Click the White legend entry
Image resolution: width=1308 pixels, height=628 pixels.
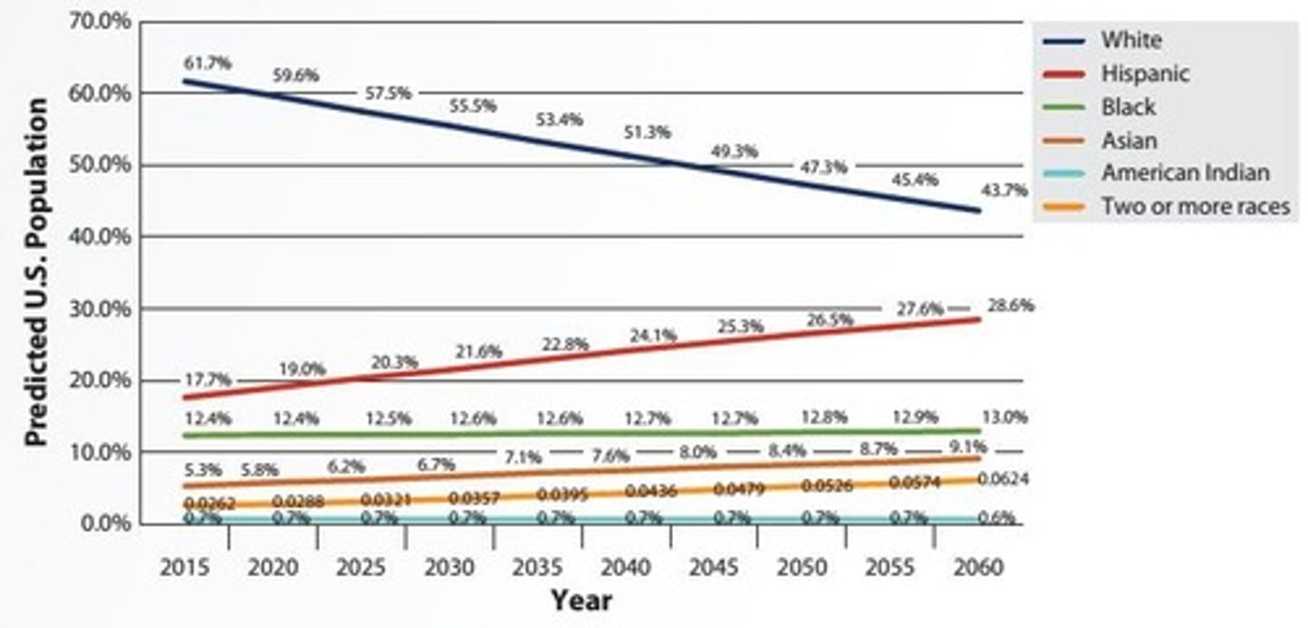tap(1131, 40)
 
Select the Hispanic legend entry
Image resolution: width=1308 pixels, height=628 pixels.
tap(1144, 74)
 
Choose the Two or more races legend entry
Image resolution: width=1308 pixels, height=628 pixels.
tap(1195, 206)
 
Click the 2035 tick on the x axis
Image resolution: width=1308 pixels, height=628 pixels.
tap(538, 568)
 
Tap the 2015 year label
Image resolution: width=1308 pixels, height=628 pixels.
tap(184, 568)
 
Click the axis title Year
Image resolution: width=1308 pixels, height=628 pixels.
tap(580, 601)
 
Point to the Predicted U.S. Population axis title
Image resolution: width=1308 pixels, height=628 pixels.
tap(35, 272)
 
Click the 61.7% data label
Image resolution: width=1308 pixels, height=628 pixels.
tap(207, 64)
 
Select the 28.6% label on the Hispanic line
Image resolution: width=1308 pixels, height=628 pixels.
tap(1011, 305)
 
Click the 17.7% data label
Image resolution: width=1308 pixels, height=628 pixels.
tap(208, 380)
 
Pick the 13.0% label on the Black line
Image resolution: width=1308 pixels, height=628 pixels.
tap(1004, 418)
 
